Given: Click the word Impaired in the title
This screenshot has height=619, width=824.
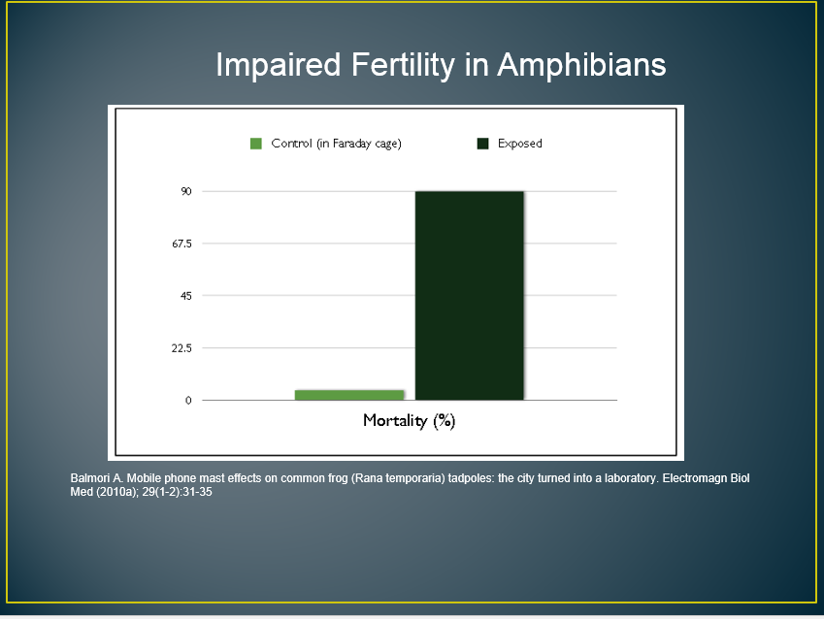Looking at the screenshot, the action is [279, 65].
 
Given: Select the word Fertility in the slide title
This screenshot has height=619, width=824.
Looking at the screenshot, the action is [403, 66].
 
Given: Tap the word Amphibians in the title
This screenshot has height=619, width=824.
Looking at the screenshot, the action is [581, 66].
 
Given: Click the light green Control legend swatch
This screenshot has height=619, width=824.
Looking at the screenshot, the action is [256, 144].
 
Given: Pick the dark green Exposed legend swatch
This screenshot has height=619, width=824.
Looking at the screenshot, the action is [483, 144].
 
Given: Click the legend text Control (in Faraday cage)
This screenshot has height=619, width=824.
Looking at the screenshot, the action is [337, 144].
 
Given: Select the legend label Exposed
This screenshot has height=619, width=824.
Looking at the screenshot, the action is [519, 144].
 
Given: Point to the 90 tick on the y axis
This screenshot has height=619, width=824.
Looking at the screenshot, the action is [186, 191].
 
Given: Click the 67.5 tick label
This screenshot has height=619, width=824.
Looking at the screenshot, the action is [181, 244].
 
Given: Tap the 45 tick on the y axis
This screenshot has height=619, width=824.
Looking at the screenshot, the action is [186, 296].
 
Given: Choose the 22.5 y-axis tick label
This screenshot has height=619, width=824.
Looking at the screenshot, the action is [181, 348].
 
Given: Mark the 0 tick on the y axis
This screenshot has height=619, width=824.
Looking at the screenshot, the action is [188, 401].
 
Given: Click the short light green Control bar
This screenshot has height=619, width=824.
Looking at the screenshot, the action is [349, 395].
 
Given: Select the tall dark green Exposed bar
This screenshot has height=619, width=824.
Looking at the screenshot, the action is [470, 296].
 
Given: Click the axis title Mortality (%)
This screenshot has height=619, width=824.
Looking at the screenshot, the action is [409, 421].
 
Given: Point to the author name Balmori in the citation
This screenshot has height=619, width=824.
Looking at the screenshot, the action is [88, 478].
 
